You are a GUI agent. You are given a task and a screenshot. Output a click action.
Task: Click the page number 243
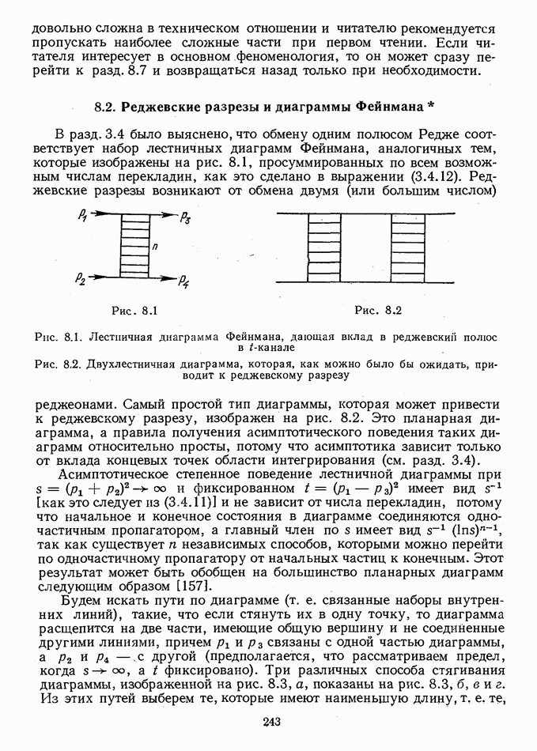269,720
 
